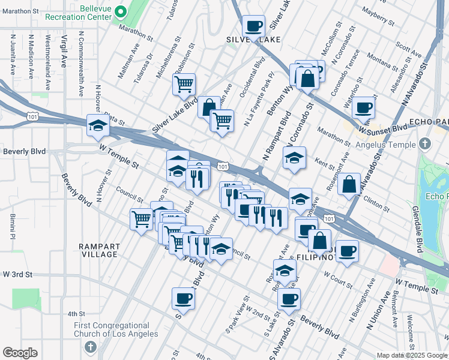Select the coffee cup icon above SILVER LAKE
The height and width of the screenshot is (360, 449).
tap(253, 26)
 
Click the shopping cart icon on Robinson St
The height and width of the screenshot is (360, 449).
tap(184, 83)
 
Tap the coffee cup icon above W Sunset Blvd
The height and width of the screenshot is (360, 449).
tap(363, 107)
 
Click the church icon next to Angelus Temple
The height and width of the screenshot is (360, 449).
tap(425, 144)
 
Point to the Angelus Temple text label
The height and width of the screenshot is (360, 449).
tap(385, 145)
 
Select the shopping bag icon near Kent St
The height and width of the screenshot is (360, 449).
tap(349, 184)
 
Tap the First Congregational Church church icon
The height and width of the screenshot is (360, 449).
tap(90, 347)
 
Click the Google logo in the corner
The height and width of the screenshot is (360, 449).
tap(20, 353)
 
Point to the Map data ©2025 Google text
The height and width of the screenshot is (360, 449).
tap(411, 355)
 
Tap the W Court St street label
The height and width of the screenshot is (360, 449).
tap(338, 277)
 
